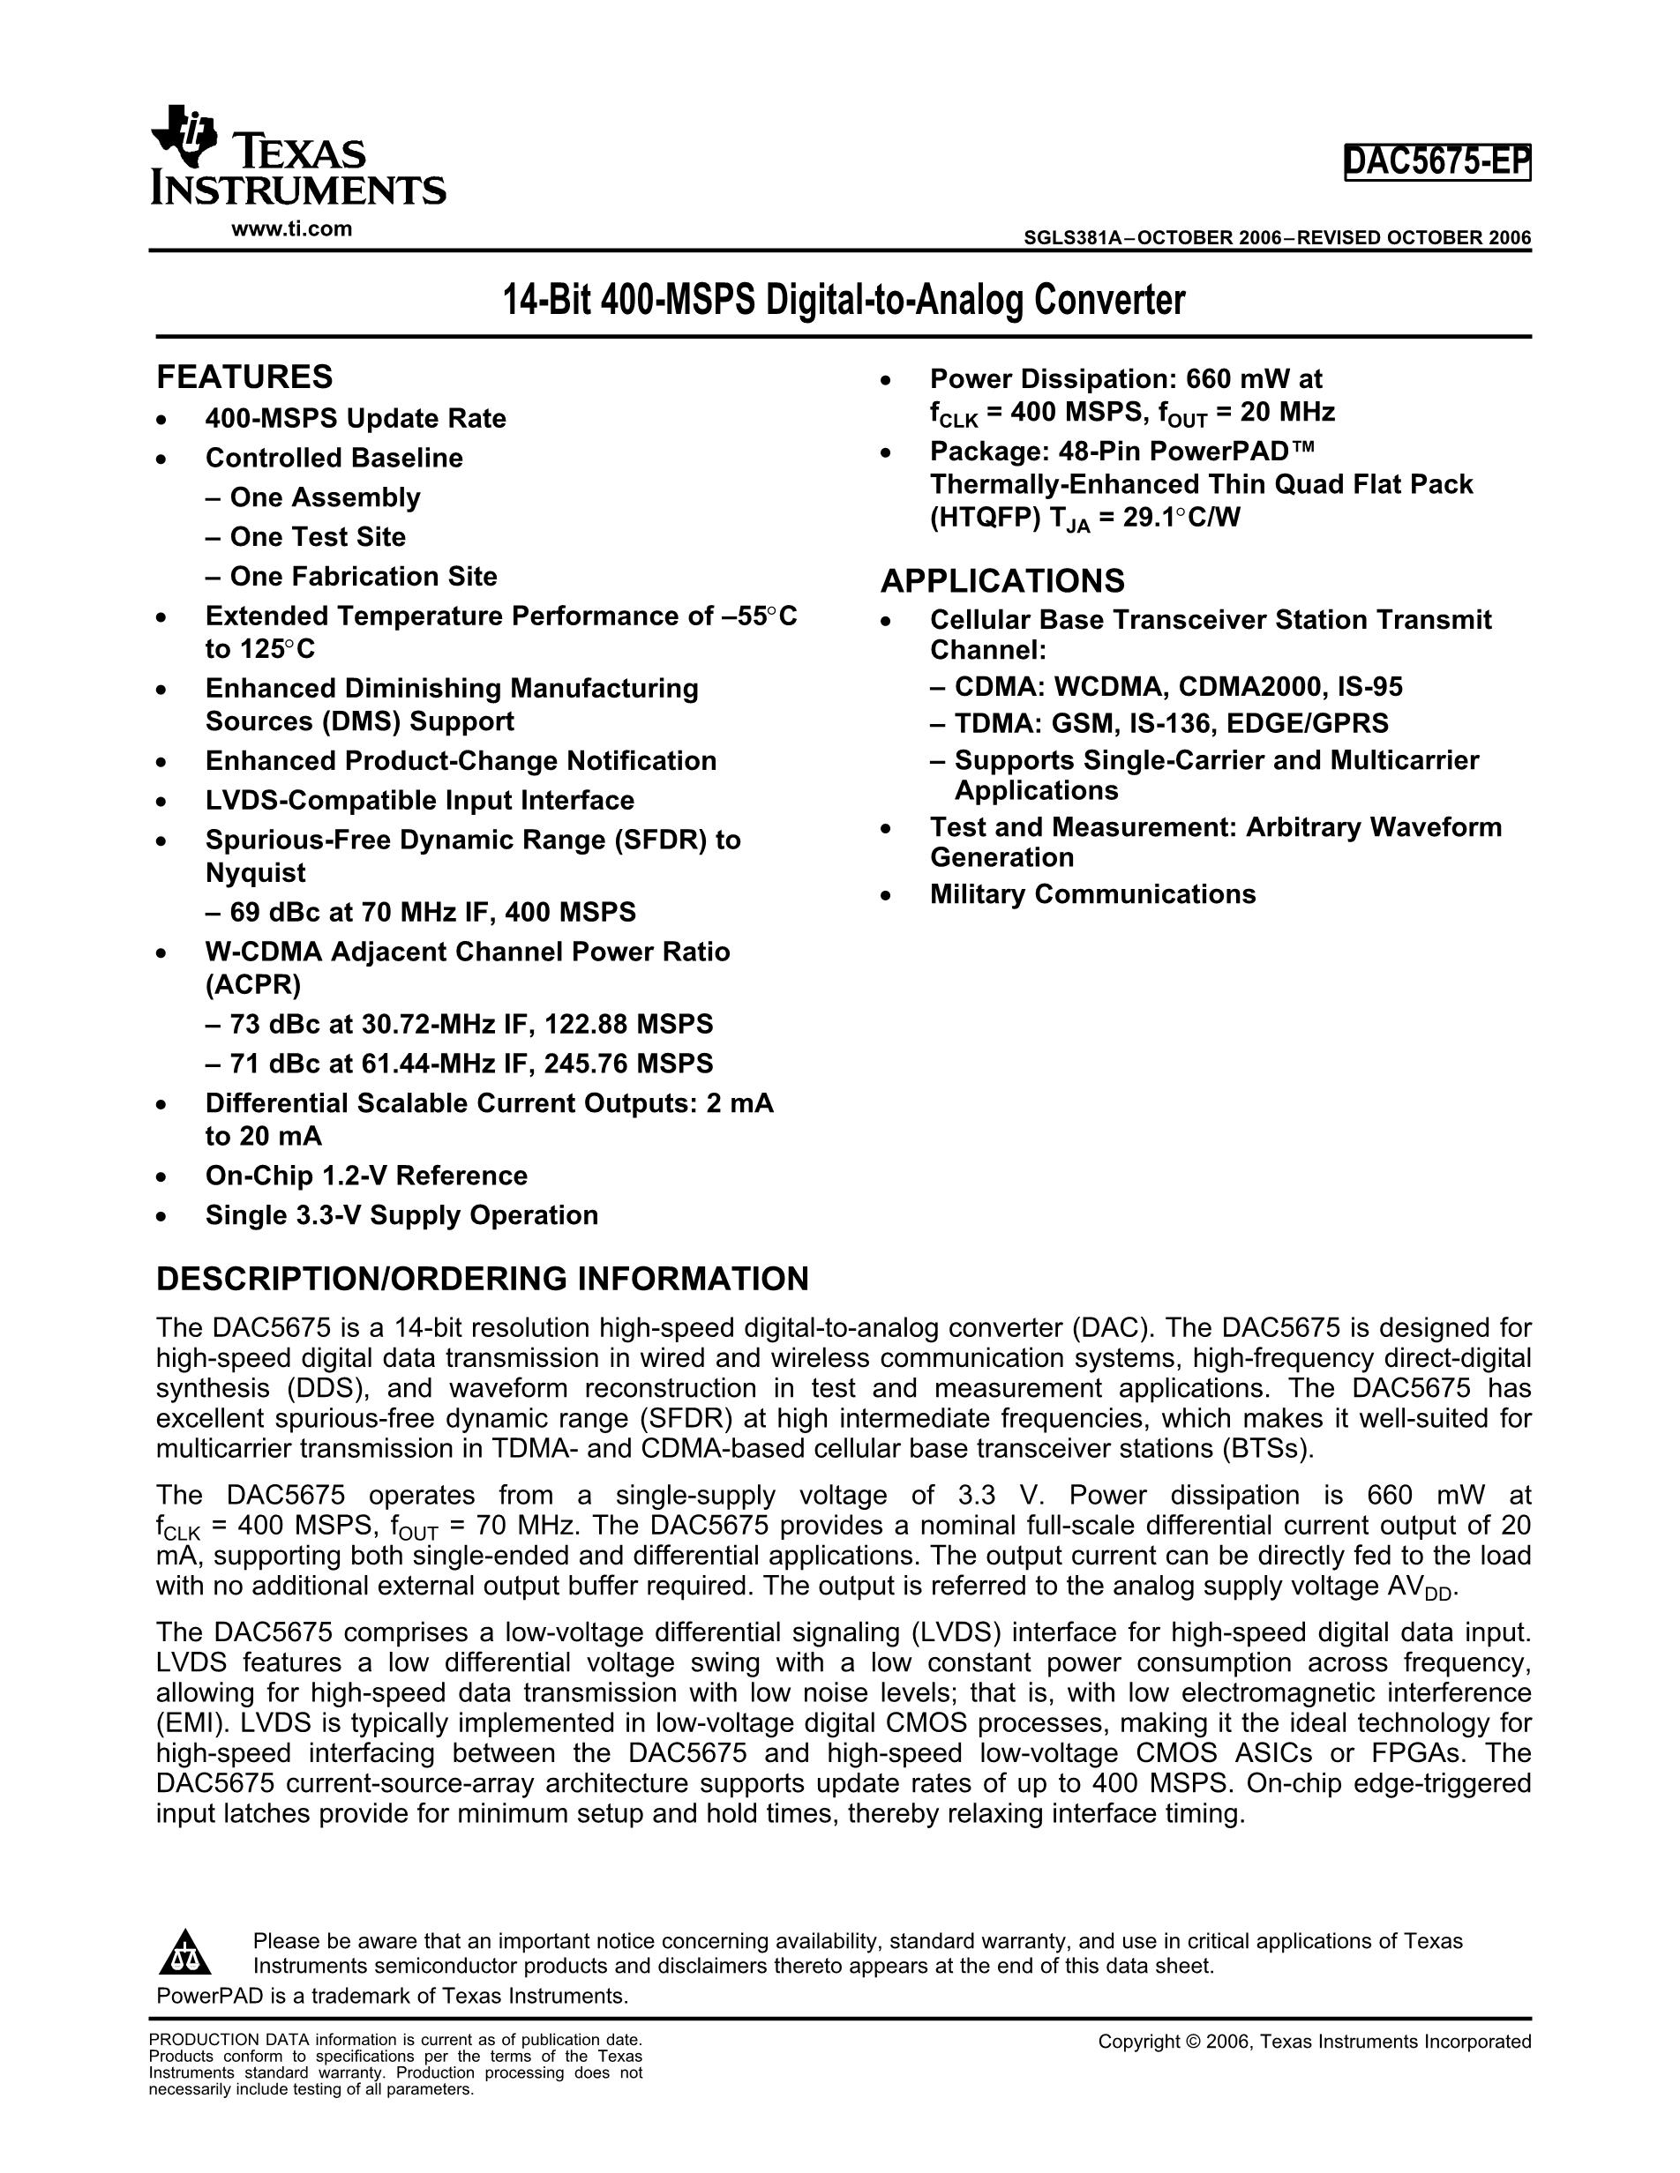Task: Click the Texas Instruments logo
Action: (x=296, y=156)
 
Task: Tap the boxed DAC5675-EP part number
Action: (x=1436, y=161)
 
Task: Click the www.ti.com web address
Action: (x=291, y=228)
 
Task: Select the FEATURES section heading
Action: (x=244, y=377)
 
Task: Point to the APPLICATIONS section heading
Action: (x=1002, y=580)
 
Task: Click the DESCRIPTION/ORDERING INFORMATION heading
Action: (x=482, y=1279)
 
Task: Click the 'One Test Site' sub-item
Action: (x=318, y=537)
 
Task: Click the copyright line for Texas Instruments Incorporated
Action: (x=1314, y=2042)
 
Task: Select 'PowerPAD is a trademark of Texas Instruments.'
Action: (x=392, y=1996)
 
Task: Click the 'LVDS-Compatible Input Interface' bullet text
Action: (x=419, y=801)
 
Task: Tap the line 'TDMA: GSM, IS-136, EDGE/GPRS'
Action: (x=1170, y=723)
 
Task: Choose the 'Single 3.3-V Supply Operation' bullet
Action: (x=401, y=1215)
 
